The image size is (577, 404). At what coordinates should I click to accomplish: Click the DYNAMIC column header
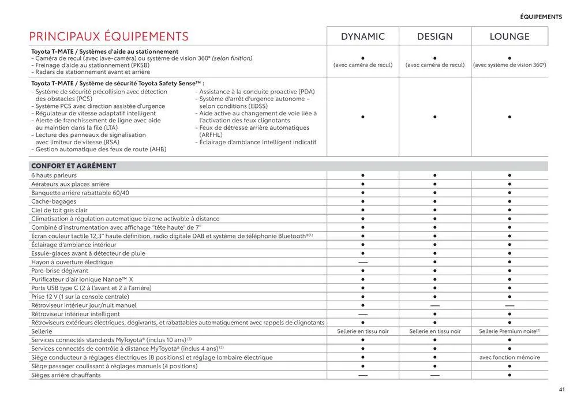[x=363, y=37]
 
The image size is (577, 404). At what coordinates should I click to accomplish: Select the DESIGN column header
[x=435, y=37]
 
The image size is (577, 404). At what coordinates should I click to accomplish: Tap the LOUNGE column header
[x=509, y=37]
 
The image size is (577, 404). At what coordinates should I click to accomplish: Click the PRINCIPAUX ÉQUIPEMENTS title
[x=109, y=37]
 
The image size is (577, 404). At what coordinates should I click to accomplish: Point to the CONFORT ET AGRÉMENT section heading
[x=74, y=166]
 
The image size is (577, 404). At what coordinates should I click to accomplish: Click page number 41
[x=562, y=389]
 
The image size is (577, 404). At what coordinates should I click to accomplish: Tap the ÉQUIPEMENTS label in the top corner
[x=541, y=17]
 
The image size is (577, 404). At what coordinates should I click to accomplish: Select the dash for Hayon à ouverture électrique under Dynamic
[x=363, y=262]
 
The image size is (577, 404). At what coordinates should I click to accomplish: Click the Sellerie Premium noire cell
[x=509, y=331]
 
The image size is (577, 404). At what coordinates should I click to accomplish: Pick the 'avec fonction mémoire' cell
[x=509, y=357]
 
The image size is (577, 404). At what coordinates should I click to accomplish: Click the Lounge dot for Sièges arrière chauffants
[x=509, y=375]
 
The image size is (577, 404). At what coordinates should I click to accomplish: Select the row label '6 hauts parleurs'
[x=54, y=175]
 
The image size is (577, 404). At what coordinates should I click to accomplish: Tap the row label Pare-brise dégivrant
[x=60, y=271]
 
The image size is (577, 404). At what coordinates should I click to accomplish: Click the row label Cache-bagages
[x=55, y=201]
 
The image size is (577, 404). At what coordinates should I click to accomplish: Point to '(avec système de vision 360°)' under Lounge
[x=509, y=65]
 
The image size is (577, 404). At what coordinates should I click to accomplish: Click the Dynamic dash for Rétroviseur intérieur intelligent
[x=363, y=314]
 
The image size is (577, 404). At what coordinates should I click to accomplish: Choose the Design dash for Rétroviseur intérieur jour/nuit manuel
[x=435, y=305]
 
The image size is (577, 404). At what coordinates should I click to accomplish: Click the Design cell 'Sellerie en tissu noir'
[x=435, y=331]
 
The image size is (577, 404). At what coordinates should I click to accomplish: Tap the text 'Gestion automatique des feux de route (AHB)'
[x=99, y=149]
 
